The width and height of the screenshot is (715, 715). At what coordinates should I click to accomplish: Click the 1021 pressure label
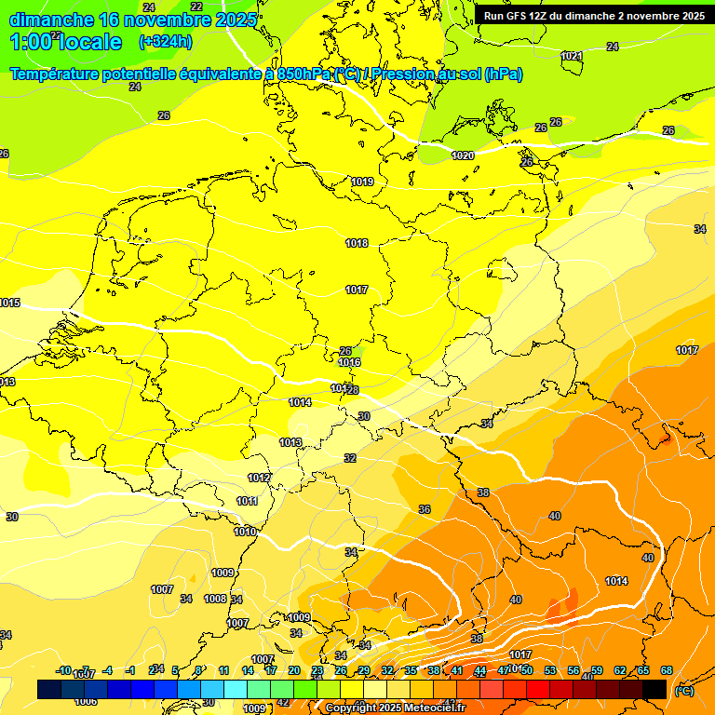572,56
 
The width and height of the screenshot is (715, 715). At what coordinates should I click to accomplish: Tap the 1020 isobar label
463,155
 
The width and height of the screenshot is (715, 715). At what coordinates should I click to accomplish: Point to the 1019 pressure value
362,182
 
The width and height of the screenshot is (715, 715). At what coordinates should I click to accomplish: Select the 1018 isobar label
357,243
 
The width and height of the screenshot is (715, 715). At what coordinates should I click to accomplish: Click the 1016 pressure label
350,362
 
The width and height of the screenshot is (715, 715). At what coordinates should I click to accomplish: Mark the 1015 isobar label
9,303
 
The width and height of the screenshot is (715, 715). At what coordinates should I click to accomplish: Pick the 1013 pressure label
290,442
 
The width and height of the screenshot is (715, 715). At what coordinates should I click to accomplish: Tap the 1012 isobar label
259,478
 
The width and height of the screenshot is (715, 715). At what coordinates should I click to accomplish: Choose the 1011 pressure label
247,501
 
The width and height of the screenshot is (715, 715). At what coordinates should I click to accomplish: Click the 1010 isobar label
245,532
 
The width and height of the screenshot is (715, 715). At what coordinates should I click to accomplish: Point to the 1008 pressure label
215,599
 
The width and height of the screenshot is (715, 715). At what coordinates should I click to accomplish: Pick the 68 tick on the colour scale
667,670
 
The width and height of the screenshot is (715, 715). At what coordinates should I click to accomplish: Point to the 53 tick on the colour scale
550,670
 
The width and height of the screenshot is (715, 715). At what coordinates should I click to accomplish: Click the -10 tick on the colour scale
64,670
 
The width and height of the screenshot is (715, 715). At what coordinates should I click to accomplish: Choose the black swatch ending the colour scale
654,689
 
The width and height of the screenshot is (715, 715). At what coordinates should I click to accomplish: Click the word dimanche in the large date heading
51,19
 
